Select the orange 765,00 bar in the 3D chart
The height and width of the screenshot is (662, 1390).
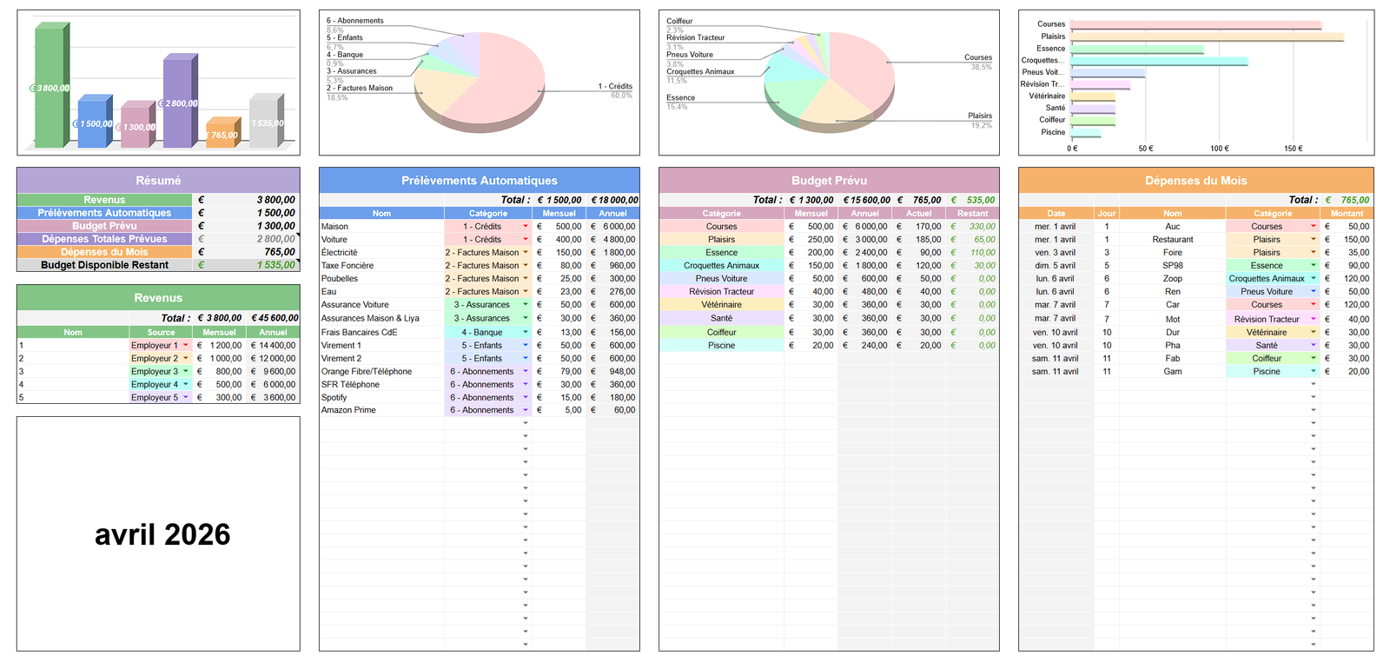pyautogui.click(x=222, y=135)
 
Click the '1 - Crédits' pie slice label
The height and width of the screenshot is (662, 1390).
pyautogui.click(x=615, y=86)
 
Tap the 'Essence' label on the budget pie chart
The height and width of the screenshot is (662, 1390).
pyautogui.click(x=680, y=97)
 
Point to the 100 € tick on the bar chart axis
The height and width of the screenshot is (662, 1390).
pyautogui.click(x=1220, y=149)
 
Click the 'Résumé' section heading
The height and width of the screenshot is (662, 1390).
pyautogui.click(x=158, y=181)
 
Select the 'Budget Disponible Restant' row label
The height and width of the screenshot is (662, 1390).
pyautogui.click(x=104, y=265)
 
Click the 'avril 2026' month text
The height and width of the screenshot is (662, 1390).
pyautogui.click(x=162, y=534)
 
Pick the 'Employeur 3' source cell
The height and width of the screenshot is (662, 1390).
pyautogui.click(x=155, y=371)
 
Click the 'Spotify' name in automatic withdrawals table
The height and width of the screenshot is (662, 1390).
pyautogui.click(x=334, y=397)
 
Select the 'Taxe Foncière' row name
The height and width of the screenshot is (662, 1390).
pyautogui.click(x=347, y=265)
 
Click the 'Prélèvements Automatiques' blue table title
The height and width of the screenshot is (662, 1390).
pyautogui.click(x=479, y=181)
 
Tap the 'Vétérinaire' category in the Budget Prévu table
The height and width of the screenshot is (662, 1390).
pyautogui.click(x=721, y=305)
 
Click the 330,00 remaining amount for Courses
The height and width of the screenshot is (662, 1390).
pyautogui.click(x=982, y=226)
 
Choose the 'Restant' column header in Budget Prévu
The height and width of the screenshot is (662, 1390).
pyautogui.click(x=972, y=213)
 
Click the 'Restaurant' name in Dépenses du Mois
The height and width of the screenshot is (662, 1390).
pyautogui.click(x=1172, y=239)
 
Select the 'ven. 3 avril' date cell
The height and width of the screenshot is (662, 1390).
pyautogui.click(x=1055, y=252)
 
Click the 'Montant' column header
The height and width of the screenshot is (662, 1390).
pyautogui.click(x=1346, y=213)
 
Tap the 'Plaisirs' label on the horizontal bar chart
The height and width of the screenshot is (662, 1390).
pyautogui.click(x=1053, y=36)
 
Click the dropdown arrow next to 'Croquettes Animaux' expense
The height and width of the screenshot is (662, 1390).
pyautogui.click(x=1313, y=278)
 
